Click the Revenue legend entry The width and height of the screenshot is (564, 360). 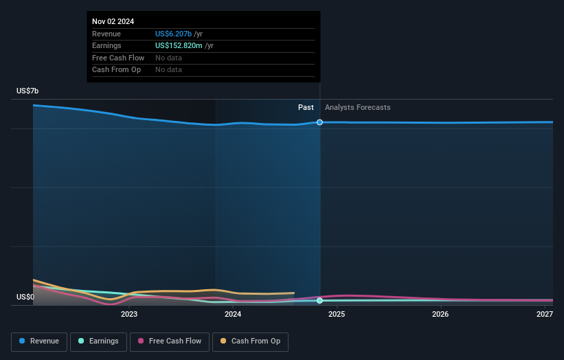pos(40,341)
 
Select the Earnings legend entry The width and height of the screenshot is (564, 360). pos(98,341)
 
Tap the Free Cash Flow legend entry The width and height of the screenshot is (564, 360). pos(170,341)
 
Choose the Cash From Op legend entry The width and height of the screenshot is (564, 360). pos(251,341)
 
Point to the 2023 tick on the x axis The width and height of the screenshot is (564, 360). pos(129,315)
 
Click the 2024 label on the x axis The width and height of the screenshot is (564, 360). pos(233,315)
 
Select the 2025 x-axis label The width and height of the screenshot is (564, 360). pos(337,315)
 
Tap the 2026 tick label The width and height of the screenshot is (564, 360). pos(440,315)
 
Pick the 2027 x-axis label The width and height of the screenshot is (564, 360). pos(545,315)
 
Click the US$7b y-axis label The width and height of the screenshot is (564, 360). pos(28,91)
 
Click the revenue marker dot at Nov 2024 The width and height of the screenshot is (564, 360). pos(319,122)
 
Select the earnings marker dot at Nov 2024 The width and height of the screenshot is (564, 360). pos(319,301)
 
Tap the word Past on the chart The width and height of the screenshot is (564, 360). pos(306,108)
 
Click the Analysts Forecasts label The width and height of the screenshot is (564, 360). pos(357,108)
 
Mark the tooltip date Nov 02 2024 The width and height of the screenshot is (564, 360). pos(113,21)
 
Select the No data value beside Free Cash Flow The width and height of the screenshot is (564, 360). pos(168,58)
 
